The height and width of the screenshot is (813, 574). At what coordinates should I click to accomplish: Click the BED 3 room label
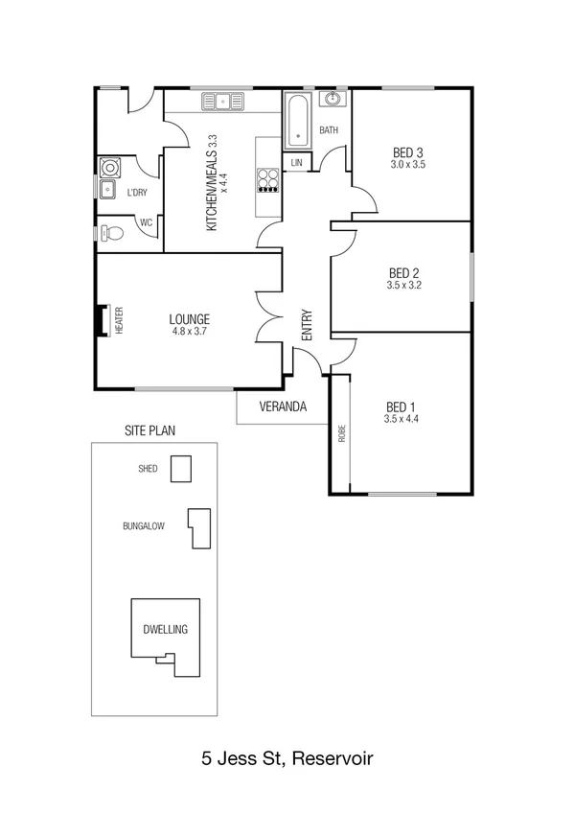(x=408, y=152)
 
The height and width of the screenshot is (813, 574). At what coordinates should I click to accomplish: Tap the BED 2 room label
(x=403, y=272)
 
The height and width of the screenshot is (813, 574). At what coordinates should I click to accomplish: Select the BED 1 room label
(x=402, y=406)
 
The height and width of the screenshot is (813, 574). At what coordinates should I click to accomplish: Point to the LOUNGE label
(x=190, y=319)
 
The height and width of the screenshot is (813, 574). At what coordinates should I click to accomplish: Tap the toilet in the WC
(x=113, y=232)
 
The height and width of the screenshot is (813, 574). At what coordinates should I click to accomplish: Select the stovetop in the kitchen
(x=268, y=179)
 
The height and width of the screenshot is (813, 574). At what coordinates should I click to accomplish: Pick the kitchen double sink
(x=221, y=99)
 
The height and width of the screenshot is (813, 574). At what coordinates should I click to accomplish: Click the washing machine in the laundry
(x=108, y=167)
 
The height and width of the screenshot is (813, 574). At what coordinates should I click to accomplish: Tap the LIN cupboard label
(x=296, y=164)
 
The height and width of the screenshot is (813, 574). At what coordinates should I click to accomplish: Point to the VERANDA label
(x=283, y=406)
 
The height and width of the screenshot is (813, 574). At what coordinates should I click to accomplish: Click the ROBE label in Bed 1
(x=341, y=432)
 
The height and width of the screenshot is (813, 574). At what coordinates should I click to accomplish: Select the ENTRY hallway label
(x=307, y=325)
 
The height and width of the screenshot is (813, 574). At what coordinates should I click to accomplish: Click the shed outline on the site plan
(x=180, y=469)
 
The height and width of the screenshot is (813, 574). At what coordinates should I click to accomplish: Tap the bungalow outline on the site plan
(x=200, y=528)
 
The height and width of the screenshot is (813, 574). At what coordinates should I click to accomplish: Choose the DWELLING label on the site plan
(x=165, y=630)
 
